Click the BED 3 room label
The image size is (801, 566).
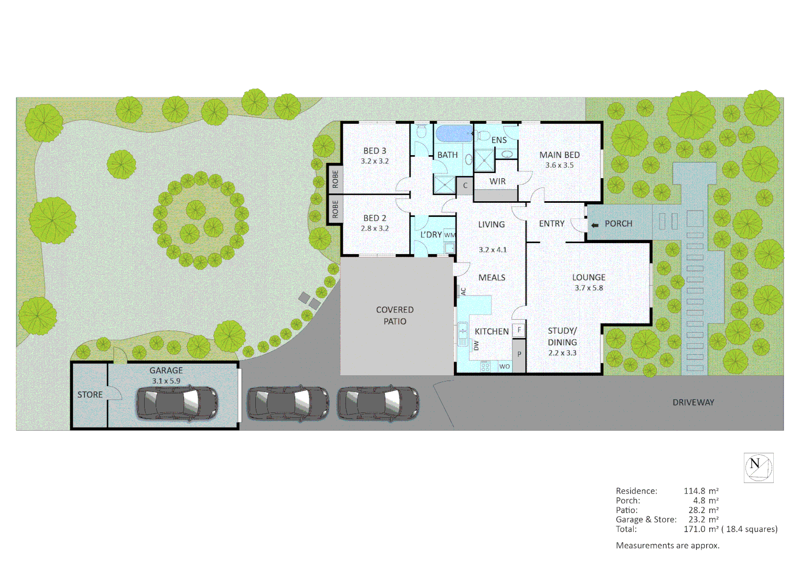[374, 151]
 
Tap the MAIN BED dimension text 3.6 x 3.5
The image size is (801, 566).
[559, 165]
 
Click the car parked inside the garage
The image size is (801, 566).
[177, 402]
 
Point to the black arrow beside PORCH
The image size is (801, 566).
[594, 225]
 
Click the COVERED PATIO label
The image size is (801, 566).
[395, 315]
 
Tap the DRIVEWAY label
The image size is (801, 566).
[693, 402]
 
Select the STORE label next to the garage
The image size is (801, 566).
[90, 395]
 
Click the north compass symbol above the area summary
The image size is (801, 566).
[758, 467]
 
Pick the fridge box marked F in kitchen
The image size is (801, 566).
[519, 330]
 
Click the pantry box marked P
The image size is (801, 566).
[519, 354]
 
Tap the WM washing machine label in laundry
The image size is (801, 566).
[450, 235]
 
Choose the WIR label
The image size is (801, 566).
[497, 181]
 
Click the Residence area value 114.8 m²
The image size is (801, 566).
[701, 491]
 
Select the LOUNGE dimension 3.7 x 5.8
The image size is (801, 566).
[589, 288]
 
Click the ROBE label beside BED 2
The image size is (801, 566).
[335, 209]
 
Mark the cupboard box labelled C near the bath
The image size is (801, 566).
[464, 186]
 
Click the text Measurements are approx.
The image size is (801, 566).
[667, 546]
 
